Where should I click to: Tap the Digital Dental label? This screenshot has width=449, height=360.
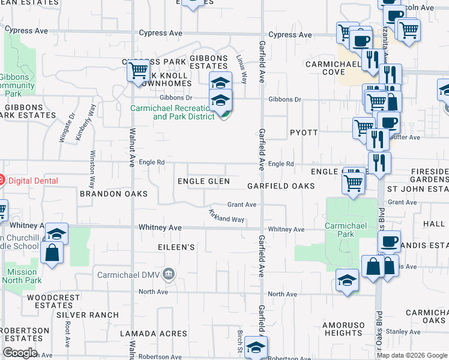click(31, 179)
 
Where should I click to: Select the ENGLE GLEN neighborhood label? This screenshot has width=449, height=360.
click(203, 181)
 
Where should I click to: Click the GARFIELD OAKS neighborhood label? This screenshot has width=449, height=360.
click(280, 187)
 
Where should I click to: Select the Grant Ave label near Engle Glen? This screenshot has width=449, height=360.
click(242, 205)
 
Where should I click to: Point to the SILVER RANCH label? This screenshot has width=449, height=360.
click(88, 315)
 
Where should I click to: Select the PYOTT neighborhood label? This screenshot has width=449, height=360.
click(304, 132)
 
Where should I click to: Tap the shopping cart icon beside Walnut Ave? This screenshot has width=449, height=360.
click(139, 70)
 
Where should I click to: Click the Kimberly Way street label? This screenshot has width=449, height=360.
click(86, 122)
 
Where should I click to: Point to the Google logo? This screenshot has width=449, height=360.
click(20, 353)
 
